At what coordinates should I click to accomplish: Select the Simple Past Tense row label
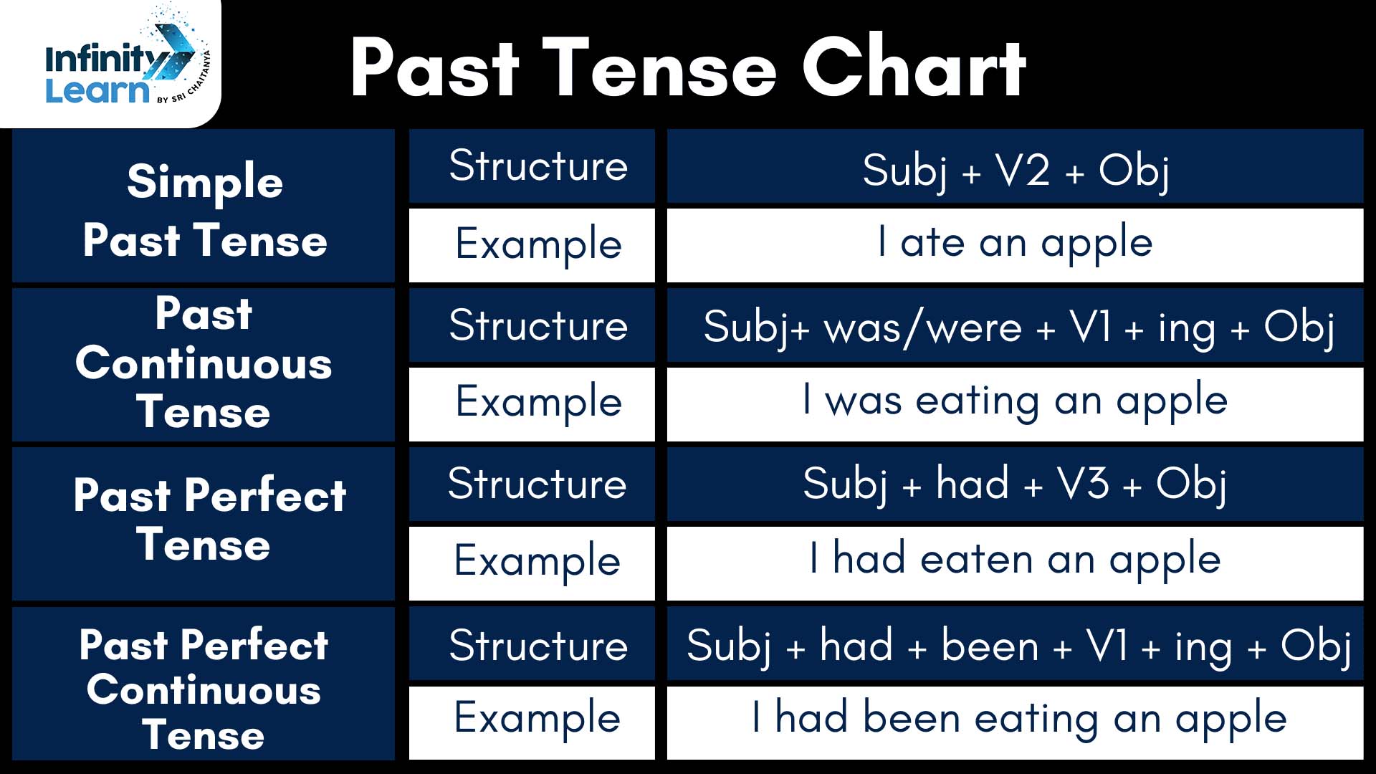(x=204, y=210)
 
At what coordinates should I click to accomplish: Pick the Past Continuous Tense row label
(x=204, y=363)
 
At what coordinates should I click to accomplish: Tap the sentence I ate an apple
(x=1015, y=244)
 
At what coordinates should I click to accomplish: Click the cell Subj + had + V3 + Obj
(x=1015, y=484)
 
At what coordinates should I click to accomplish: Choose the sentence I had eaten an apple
(x=1015, y=560)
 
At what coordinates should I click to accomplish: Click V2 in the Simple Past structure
(x=1023, y=171)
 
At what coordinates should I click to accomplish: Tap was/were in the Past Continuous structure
(x=923, y=329)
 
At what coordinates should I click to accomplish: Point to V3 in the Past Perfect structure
(x=1083, y=483)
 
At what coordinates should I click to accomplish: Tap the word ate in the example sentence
(x=932, y=243)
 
